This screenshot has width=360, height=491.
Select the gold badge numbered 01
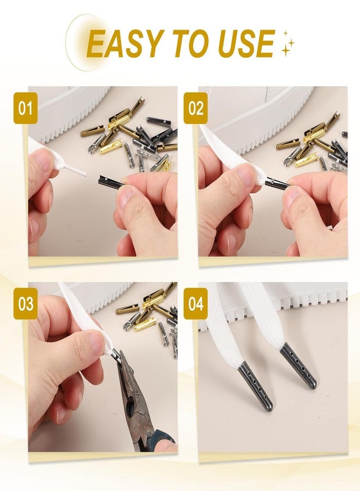click(25, 108)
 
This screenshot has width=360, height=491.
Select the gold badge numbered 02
click(196, 108)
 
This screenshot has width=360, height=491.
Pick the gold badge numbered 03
click(25, 304)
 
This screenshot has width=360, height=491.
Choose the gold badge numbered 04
click(196, 304)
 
